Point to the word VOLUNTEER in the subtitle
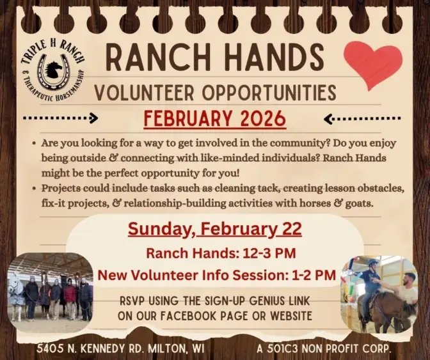pos(143,93)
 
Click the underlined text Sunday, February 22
pos(214,228)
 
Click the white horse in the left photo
pos(16,291)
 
